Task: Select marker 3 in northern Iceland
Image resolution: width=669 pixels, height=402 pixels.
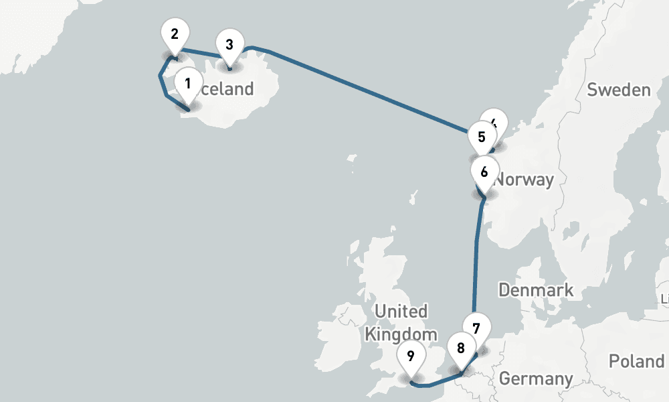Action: tap(229, 46)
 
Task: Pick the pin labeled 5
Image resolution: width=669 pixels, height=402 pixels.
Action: tap(482, 137)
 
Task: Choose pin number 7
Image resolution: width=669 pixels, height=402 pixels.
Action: tap(476, 328)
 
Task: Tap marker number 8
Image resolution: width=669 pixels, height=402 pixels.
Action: tap(461, 348)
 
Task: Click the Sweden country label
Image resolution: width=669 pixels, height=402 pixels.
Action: tap(618, 90)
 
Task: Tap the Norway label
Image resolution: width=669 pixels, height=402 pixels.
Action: tap(526, 180)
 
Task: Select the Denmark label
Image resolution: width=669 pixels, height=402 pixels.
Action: tap(536, 290)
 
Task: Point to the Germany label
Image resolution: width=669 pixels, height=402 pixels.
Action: tap(536, 379)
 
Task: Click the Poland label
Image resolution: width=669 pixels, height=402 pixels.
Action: tap(636, 361)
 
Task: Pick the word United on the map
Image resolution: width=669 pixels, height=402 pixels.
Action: tap(401, 312)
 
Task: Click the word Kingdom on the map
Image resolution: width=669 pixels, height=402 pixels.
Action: tap(401, 334)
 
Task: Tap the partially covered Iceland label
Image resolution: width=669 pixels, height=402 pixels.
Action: tap(229, 89)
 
